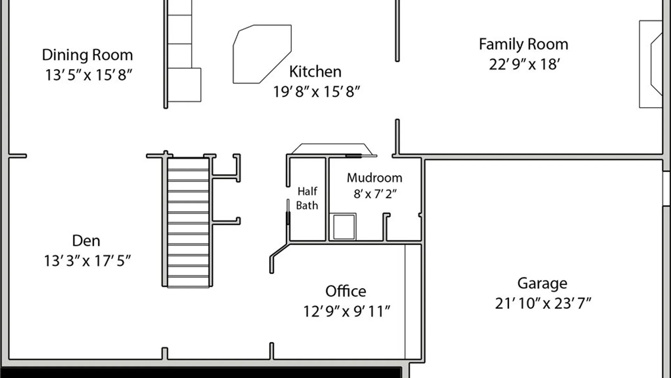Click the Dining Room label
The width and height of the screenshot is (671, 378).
click(x=87, y=55)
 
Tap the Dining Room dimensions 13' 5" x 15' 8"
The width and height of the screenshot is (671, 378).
click(x=88, y=75)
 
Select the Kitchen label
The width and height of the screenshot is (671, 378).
click(x=315, y=72)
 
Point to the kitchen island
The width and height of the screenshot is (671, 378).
click(x=262, y=54)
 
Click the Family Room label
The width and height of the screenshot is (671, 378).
click(x=524, y=44)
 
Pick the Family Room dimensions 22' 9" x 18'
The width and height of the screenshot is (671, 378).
click(x=524, y=64)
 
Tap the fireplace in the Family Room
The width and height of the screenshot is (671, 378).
click(x=651, y=64)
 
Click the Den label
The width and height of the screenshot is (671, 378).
click(x=86, y=241)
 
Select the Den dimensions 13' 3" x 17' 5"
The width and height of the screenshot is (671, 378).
click(x=87, y=261)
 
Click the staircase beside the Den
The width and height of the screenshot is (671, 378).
click(x=188, y=223)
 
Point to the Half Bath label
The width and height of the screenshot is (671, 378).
click(x=307, y=198)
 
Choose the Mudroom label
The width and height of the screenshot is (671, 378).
click(x=374, y=178)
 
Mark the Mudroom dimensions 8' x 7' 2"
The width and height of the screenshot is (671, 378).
click(x=375, y=194)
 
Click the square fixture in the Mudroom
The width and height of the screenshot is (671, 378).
click(x=344, y=227)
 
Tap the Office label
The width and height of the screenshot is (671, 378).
click(x=346, y=291)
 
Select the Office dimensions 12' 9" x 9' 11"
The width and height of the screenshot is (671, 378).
click(x=346, y=311)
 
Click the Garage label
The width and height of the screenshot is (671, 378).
click(x=542, y=283)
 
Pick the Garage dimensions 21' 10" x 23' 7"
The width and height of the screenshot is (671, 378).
click(x=543, y=303)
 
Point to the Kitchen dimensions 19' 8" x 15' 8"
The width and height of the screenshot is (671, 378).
click(x=316, y=92)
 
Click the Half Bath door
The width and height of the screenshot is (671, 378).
click(x=288, y=212)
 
